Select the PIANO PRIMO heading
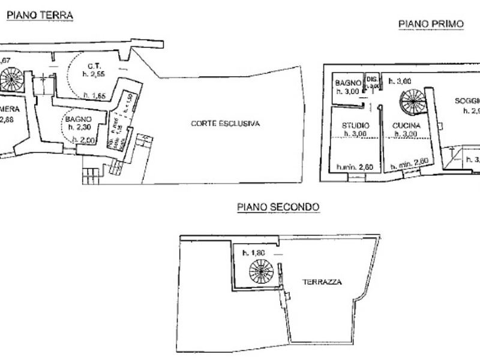431,24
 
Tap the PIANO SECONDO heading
278,207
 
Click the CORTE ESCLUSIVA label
226,124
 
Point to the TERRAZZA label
322,281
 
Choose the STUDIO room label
355,125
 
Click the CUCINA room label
407,125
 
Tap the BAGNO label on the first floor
347,82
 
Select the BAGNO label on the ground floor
79,119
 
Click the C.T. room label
93,66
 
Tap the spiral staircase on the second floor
261,272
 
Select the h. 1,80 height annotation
253,253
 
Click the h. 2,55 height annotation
94,74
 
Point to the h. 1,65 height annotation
95,95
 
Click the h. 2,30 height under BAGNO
79,127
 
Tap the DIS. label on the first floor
372,79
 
